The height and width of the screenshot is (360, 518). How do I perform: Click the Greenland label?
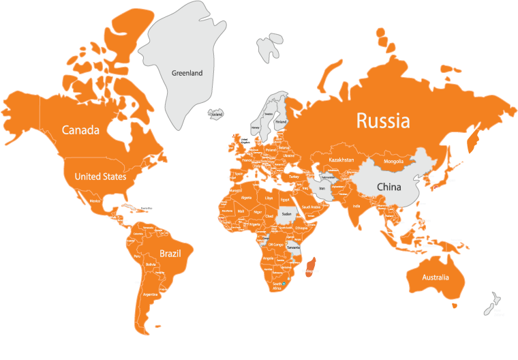pos(187,73)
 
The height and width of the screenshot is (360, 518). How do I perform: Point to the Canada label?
pos(80,130)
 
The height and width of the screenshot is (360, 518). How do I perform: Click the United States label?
pos(100,177)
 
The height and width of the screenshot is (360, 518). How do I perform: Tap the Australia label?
pos(435,277)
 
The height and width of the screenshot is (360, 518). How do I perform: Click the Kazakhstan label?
pos(341,160)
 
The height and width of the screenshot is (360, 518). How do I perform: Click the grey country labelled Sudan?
pos(286,214)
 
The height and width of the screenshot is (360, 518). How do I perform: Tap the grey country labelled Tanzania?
pos(294,249)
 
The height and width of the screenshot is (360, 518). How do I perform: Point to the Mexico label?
pos(96,201)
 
